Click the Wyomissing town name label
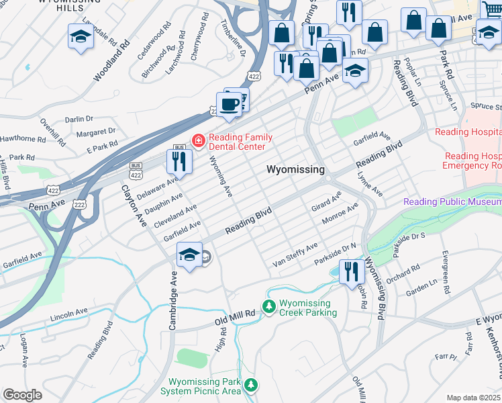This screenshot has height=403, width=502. (x=296, y=169)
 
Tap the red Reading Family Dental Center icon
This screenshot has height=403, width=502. (x=199, y=140)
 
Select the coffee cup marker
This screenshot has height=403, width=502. (x=230, y=105)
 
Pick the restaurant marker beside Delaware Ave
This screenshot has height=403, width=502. (x=179, y=161)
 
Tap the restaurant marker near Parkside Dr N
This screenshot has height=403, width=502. (x=352, y=271)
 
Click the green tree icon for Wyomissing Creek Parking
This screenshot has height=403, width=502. (x=269, y=307)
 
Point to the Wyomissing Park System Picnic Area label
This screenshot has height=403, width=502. (x=204, y=386)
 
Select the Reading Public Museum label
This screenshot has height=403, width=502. (x=452, y=201)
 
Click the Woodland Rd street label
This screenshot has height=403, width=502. (x=111, y=62)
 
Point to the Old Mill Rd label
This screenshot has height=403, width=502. (x=235, y=314)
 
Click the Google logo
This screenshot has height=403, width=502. (x=22, y=395)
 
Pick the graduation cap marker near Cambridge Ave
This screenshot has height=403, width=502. (x=190, y=255)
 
